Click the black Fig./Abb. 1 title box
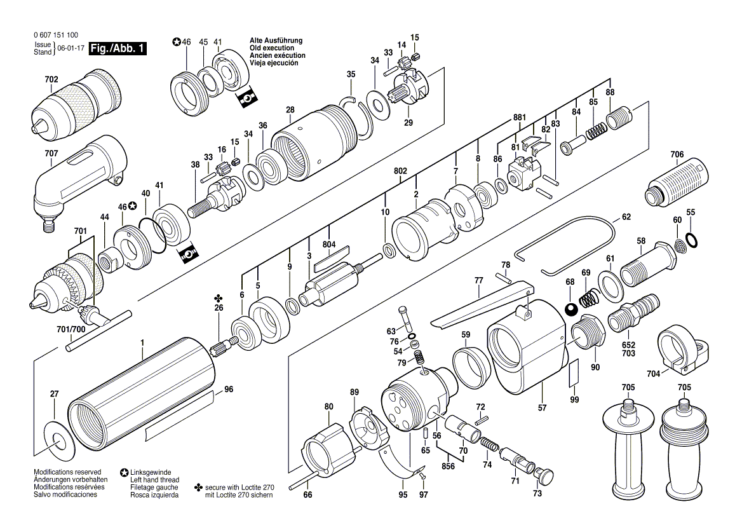click(118, 48)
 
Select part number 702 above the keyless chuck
click(51, 79)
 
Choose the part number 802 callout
click(400, 171)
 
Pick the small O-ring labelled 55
click(691, 240)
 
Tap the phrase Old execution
click(272, 48)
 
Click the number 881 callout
click(520, 118)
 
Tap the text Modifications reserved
click(67, 472)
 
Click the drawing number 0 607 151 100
click(57, 35)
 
